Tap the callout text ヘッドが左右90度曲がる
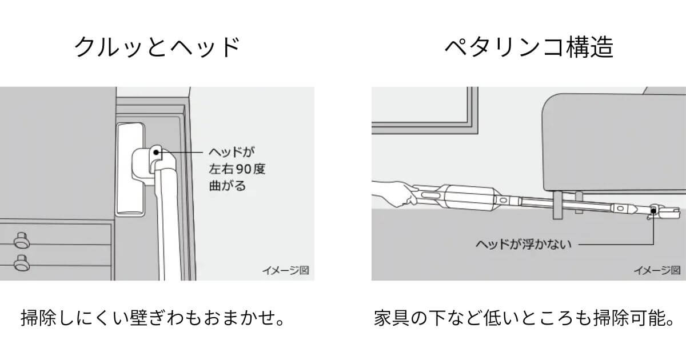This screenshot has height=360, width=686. pyautogui.click(x=237, y=169)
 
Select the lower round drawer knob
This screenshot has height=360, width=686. pyautogui.click(x=22, y=263)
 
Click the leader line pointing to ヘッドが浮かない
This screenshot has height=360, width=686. pyautogui.click(x=617, y=244)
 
